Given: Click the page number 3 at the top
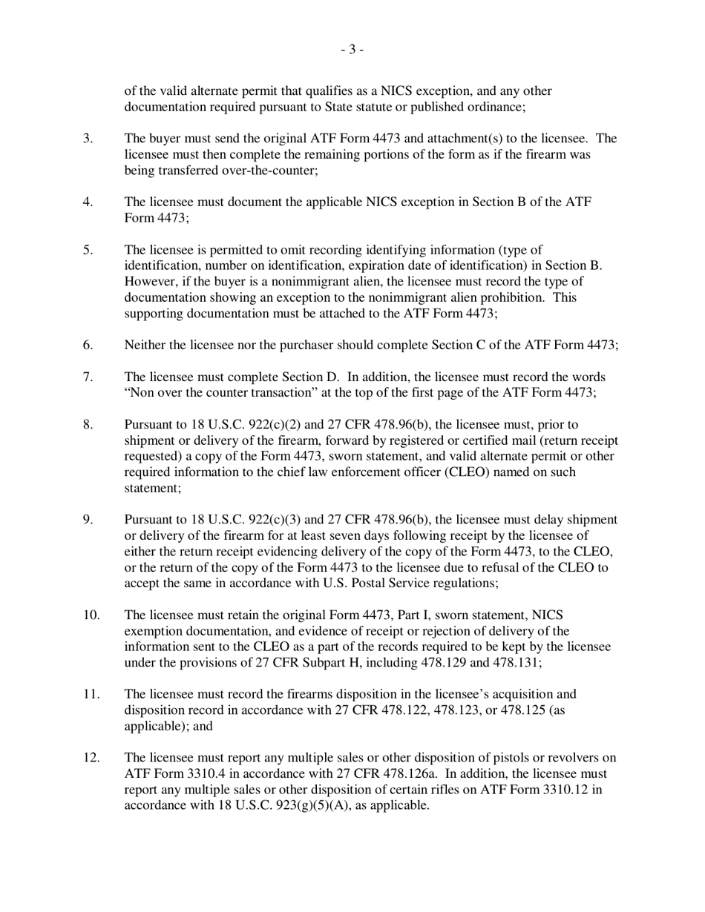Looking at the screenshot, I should click(x=352, y=50).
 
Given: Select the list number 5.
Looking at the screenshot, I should click(x=88, y=250).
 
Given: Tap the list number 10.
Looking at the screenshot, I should click(x=90, y=614).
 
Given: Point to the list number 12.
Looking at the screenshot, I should click(x=90, y=758).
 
